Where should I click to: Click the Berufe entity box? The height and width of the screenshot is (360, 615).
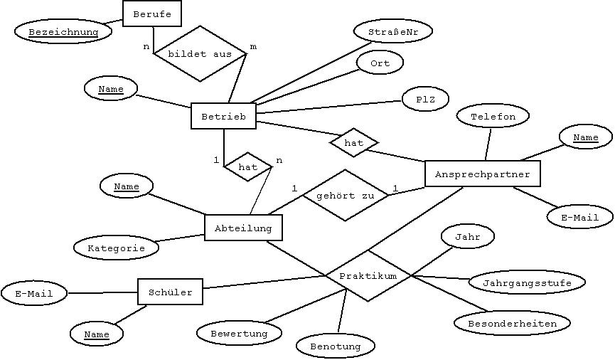click(x=151, y=14)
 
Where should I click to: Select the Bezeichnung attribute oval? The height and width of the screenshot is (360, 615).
click(x=64, y=32)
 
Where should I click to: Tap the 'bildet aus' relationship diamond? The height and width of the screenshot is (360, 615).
click(x=200, y=54)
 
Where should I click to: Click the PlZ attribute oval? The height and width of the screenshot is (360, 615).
click(x=425, y=99)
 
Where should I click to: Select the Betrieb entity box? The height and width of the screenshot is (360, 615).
click(x=223, y=116)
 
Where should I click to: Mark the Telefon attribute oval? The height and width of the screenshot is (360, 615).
click(x=492, y=117)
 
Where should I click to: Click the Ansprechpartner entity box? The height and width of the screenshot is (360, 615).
click(x=482, y=174)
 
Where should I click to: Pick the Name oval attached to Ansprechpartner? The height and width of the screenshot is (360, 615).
click(x=585, y=137)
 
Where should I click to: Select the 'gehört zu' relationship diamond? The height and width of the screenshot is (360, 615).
click(x=346, y=195)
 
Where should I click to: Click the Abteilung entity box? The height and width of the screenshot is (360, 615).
click(x=243, y=228)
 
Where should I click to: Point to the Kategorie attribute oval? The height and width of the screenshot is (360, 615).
click(x=116, y=248)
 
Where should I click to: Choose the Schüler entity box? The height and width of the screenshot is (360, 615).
click(x=170, y=292)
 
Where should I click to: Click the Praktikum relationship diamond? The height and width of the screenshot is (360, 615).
click(x=368, y=275)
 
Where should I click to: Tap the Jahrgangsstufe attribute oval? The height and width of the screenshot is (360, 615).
click(x=527, y=282)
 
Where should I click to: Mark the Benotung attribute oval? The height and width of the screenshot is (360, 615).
click(x=335, y=346)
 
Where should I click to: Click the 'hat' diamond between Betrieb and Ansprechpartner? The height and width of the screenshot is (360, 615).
click(x=353, y=142)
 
